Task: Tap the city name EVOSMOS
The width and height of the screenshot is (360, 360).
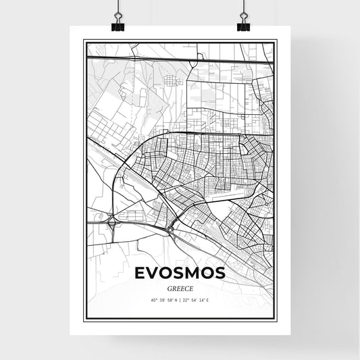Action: pos(180,273)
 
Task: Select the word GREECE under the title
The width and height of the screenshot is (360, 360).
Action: pos(180,287)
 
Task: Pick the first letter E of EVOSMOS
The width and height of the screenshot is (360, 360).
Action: pos(140,273)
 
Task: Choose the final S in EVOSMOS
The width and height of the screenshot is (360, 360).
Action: pos(220,273)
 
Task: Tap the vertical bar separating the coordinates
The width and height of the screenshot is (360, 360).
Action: pos(180,300)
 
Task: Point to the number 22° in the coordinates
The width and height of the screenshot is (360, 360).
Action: pos(186,300)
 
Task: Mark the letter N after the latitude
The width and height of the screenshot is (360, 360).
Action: pos(174,300)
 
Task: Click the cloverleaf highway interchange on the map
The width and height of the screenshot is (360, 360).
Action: pos(110,219)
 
